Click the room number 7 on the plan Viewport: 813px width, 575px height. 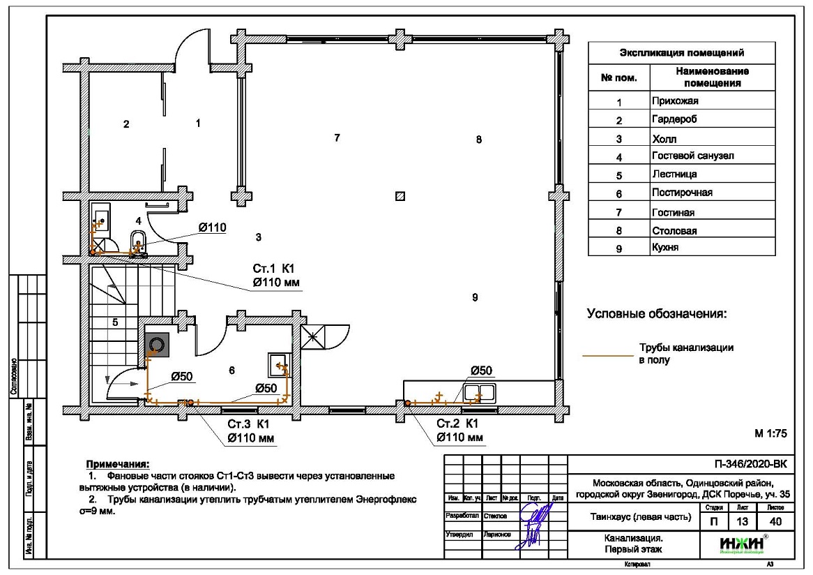tap(337, 137)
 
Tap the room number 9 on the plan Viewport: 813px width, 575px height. tap(475, 297)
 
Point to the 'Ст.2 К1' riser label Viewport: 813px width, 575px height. tap(457, 424)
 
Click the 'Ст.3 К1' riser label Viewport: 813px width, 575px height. tap(248, 424)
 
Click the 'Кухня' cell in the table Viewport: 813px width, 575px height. tap(665, 247)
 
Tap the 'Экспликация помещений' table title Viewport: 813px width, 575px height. tap(681, 53)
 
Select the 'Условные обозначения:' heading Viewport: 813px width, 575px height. tap(656, 314)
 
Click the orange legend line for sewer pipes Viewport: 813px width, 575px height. tap(607, 354)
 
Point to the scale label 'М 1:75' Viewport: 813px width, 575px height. tap(770, 433)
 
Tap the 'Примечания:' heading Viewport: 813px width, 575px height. tap(117, 463)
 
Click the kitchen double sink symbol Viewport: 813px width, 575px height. tap(480, 392)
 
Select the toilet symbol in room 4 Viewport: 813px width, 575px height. tap(137, 244)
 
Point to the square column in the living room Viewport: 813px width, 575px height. tap(400, 196)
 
